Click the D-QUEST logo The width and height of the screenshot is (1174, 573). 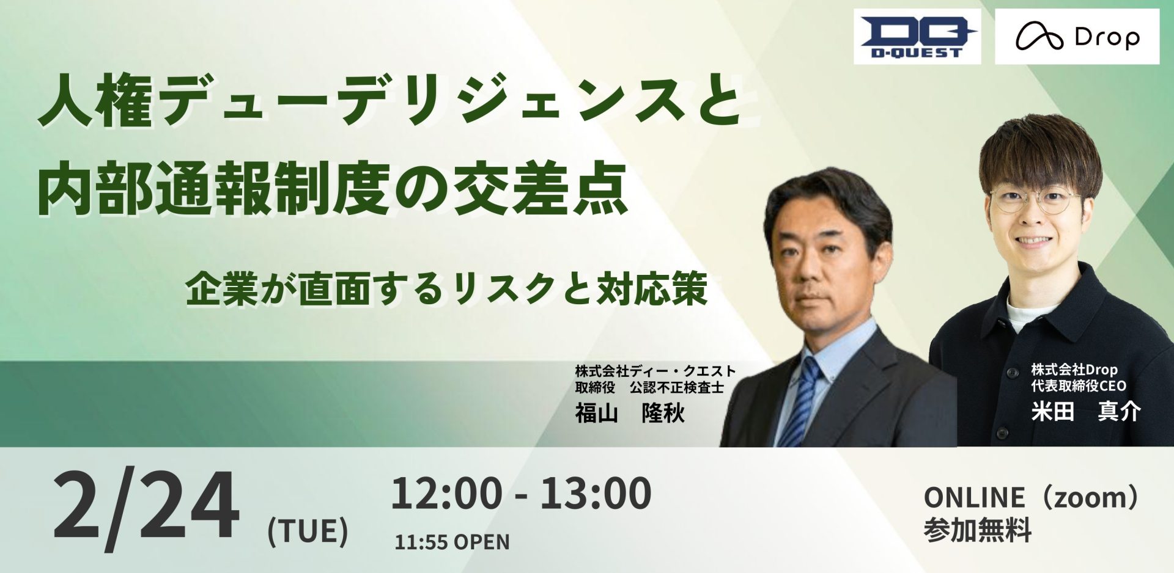pyautogui.click(x=917, y=37)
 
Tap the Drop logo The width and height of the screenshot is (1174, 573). pyautogui.click(x=1077, y=37)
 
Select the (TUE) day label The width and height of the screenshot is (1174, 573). pyautogui.click(x=308, y=531)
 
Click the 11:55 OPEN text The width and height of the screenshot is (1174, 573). pyautogui.click(x=452, y=542)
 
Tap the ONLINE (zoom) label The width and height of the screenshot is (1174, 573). pyautogui.click(x=1033, y=498)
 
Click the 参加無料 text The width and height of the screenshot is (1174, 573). pyautogui.click(x=978, y=530)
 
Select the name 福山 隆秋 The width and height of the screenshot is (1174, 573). pyautogui.click(x=630, y=414)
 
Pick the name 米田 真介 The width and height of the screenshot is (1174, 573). pyautogui.click(x=1086, y=412)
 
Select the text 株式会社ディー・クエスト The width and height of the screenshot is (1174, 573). pyautogui.click(x=655, y=371)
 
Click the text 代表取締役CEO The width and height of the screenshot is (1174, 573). pyautogui.click(x=1079, y=385)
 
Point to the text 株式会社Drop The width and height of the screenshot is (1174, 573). pyautogui.click(x=1074, y=370)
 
